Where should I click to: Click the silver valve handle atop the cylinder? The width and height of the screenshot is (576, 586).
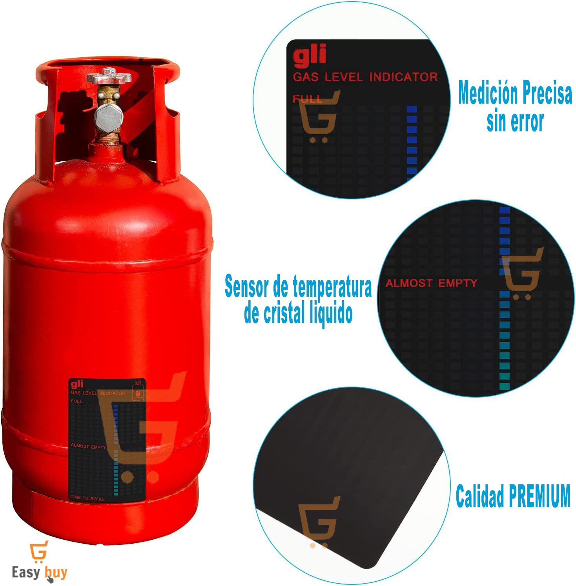(x=109, y=76)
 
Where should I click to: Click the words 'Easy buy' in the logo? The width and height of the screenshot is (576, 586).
(x=39, y=572)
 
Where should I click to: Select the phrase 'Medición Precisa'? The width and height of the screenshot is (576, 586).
(x=515, y=93)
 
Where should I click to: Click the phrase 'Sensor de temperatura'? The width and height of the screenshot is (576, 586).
(x=298, y=287)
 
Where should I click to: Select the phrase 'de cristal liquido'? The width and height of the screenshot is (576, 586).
(x=298, y=313)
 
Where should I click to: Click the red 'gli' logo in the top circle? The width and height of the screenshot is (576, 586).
(x=310, y=55)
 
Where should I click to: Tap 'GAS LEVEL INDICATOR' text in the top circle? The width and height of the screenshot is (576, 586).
(x=365, y=77)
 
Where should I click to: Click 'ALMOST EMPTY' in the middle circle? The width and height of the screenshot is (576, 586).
(x=431, y=283)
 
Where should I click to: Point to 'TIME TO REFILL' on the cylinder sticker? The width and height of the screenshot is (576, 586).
(x=87, y=498)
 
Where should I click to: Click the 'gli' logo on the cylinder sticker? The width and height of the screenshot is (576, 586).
(x=77, y=384)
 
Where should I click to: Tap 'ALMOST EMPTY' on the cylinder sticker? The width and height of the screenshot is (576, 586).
(x=88, y=446)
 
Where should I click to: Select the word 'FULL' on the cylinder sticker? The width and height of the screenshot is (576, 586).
(x=77, y=401)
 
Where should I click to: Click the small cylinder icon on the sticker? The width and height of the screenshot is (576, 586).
(x=137, y=391)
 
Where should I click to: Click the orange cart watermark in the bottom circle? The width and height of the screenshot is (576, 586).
(x=319, y=522)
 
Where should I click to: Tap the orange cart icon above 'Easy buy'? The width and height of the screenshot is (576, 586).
(x=39, y=551)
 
